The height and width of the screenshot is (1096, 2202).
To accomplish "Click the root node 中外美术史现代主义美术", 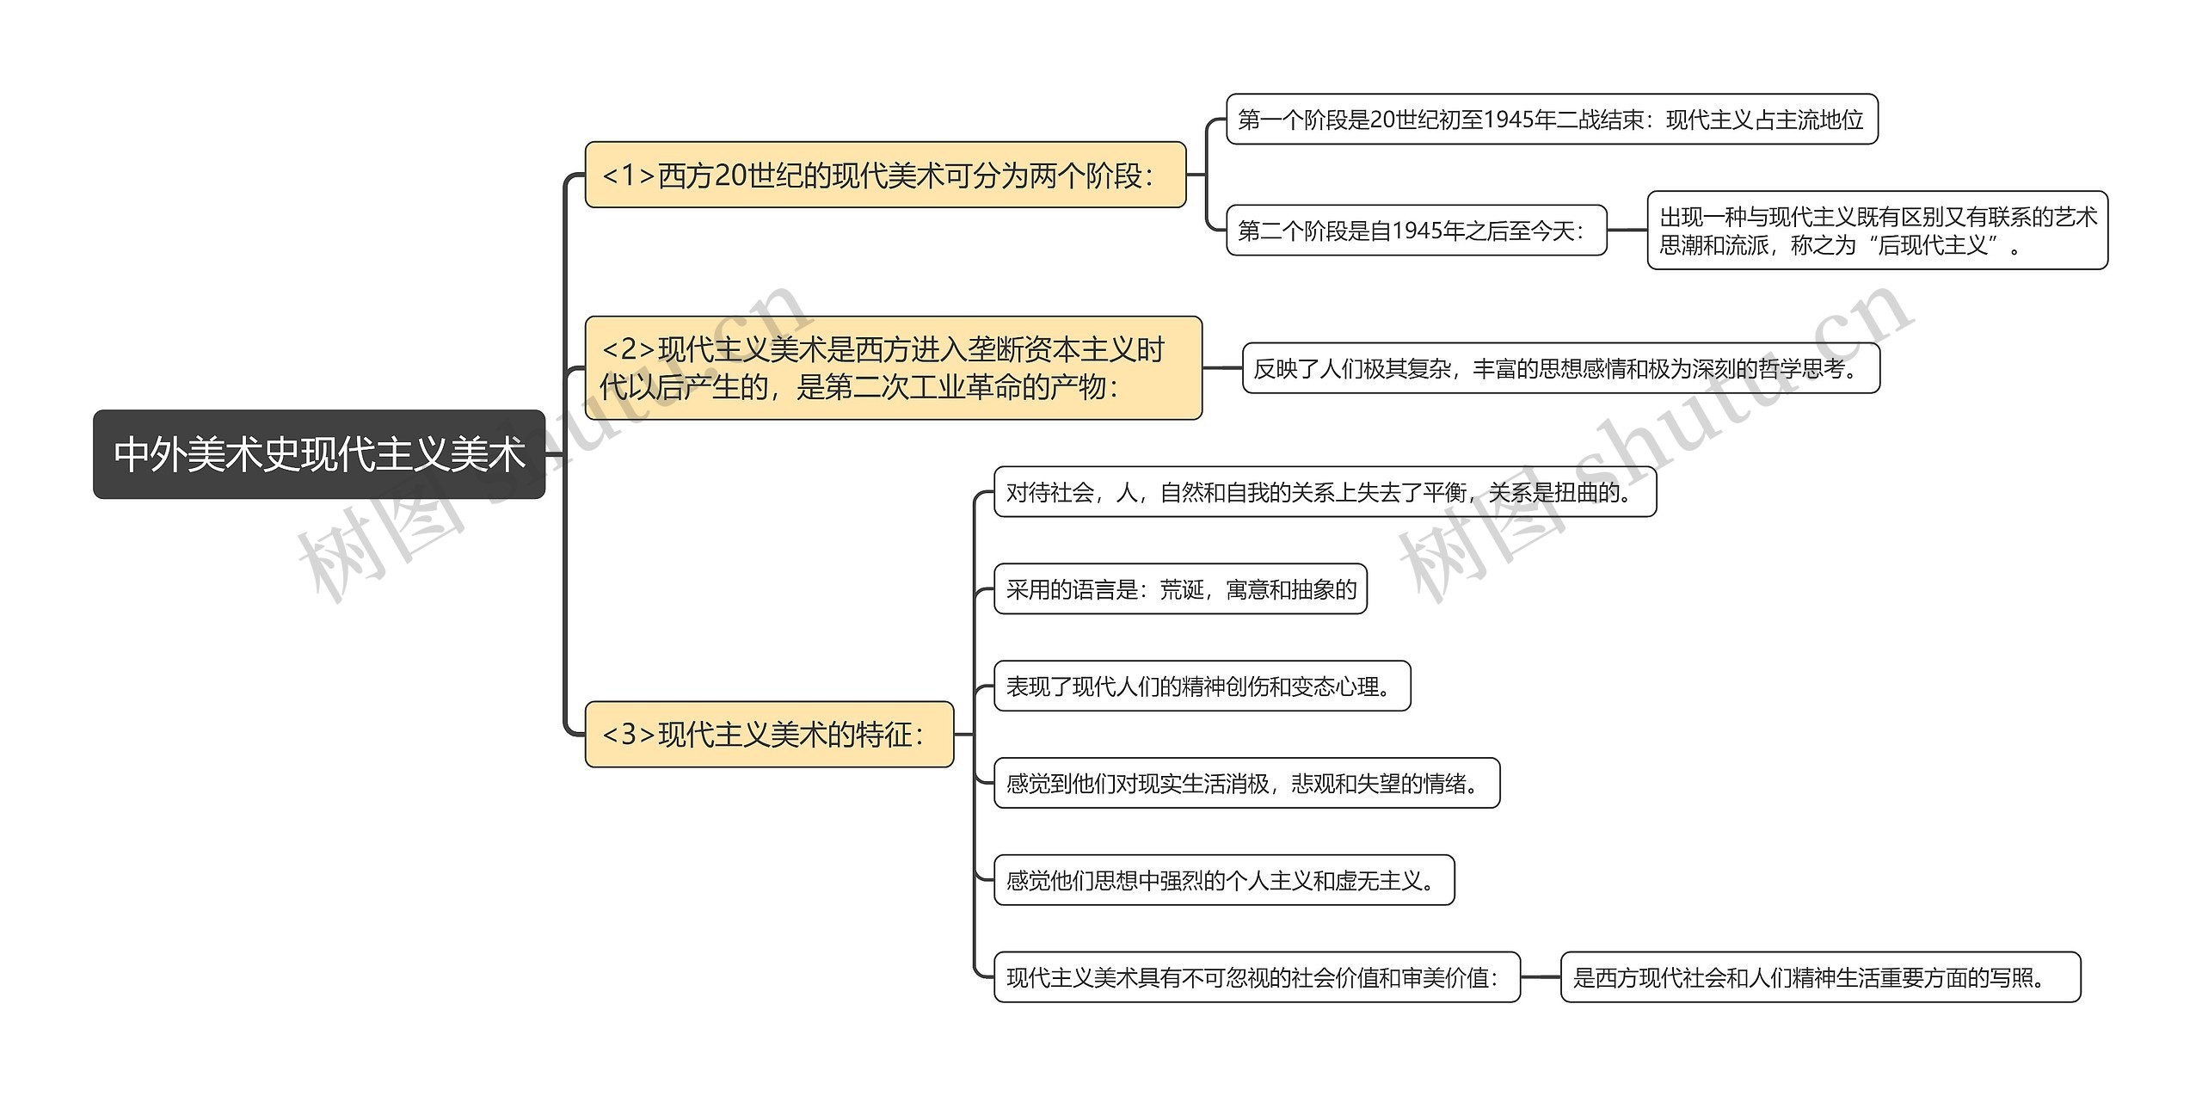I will click(318, 454).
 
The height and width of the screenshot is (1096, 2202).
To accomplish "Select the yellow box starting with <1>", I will click(884, 175).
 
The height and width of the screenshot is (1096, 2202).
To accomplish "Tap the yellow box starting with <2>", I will click(892, 368).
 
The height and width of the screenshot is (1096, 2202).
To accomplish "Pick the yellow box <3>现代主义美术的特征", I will click(769, 735).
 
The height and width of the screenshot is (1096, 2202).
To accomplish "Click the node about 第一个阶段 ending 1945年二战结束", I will click(1551, 120).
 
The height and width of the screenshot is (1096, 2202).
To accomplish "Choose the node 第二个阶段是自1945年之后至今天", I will click(1416, 231).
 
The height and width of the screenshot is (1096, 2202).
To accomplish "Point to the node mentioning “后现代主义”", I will click(1877, 231).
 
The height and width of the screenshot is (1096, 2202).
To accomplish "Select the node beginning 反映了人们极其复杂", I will click(1560, 369).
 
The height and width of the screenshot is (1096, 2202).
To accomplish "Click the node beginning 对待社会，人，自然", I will click(1325, 492).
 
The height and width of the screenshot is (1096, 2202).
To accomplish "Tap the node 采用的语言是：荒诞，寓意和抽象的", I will click(1180, 589).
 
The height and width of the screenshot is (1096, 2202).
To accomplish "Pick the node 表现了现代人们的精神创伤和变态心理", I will click(1202, 687).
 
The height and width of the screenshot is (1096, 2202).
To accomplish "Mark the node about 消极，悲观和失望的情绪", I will click(1246, 784).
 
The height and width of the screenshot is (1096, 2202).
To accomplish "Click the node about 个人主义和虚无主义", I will click(1223, 881).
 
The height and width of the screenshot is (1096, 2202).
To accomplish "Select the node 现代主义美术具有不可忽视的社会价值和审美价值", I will click(1257, 978).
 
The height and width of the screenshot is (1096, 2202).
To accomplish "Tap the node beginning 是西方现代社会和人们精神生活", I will click(1820, 978).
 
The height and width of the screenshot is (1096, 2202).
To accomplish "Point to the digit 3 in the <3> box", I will click(629, 735).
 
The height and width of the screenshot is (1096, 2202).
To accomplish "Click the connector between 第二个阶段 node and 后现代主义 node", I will click(1627, 231).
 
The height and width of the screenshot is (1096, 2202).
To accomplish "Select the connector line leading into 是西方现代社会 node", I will click(1541, 978).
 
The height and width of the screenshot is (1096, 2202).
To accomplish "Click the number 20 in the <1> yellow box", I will click(730, 175).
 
